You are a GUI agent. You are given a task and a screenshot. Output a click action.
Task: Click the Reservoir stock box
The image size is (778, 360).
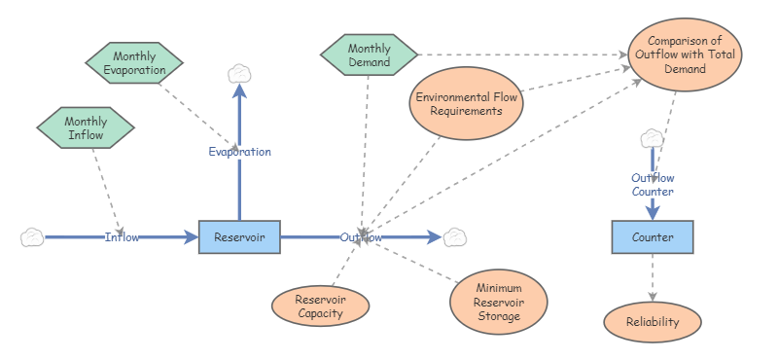coord(239,237)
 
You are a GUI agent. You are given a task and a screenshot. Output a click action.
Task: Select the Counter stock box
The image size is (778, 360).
coord(652,237)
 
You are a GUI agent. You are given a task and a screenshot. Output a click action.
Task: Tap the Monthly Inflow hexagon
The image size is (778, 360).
coord(85,128)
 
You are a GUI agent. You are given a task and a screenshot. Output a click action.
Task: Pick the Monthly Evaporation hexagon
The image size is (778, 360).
coord(133,63)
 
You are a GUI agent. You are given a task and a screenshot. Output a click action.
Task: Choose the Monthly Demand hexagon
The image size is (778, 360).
coord(369,55)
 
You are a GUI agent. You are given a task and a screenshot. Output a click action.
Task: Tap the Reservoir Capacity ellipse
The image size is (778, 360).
coord(320,306)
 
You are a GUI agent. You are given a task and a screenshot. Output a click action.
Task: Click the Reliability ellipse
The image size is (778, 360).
coord(653,322)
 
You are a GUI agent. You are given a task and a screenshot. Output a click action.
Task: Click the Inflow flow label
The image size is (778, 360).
coord(122,237)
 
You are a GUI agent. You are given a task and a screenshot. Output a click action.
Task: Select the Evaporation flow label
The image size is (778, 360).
coord(239,152)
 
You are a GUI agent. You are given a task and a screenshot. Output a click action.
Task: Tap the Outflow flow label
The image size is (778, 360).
coord(361,237)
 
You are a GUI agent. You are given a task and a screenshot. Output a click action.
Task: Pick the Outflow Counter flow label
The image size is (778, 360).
coord(653,185)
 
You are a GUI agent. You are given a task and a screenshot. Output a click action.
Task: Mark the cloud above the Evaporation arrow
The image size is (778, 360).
coord(239,73)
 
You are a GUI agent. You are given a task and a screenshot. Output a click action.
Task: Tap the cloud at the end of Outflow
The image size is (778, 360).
coord(455,237)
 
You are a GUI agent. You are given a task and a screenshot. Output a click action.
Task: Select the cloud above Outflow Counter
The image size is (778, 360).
coord(652,139)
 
